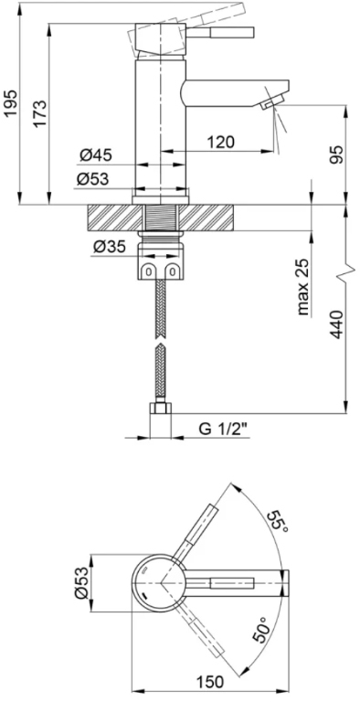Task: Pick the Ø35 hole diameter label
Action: (x=110, y=245)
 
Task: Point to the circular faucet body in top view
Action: (x=160, y=582)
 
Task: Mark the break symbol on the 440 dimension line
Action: (x=345, y=272)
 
